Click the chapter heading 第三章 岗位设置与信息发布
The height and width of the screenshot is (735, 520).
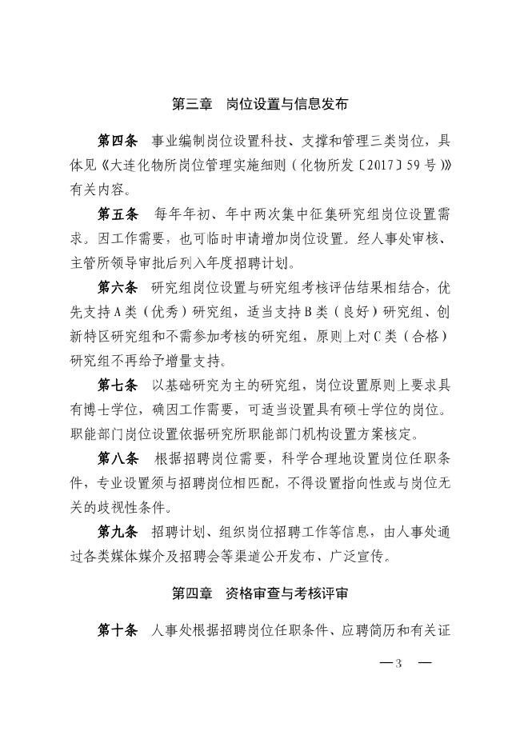click(260, 104)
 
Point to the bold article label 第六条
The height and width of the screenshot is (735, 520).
click(118, 288)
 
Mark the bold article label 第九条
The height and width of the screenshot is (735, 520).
click(118, 531)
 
